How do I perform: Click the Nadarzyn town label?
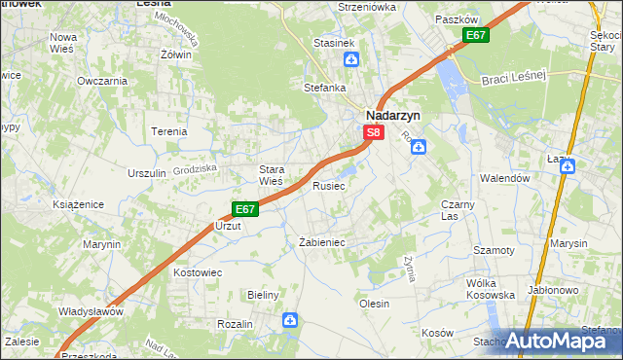393,113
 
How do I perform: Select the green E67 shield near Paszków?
475,36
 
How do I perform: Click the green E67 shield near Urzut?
244,208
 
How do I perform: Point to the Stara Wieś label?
271,174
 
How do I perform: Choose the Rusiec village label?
328,186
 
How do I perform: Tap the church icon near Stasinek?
349,59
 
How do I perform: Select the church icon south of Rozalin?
289,319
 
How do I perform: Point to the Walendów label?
504,179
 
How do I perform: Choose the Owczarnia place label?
104,80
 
